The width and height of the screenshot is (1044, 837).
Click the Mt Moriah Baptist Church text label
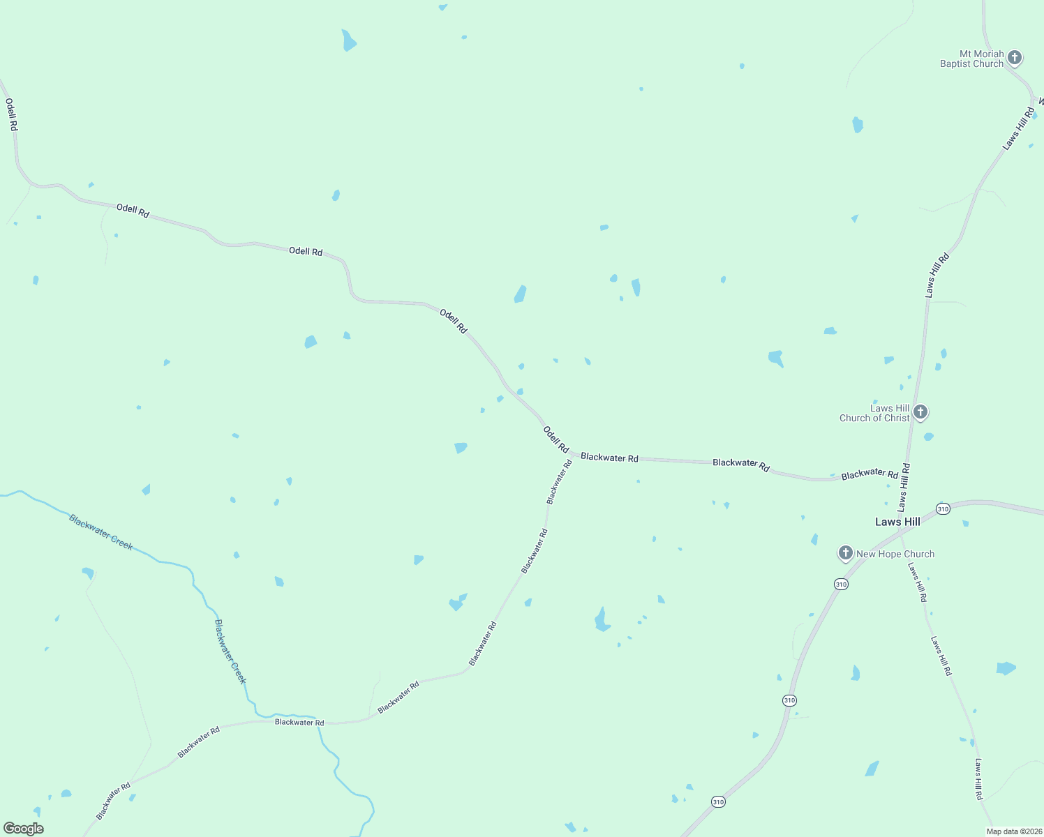[x=971, y=59]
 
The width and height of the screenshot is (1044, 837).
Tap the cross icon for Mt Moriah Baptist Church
[x=1015, y=57]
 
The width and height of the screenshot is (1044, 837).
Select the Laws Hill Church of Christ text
[x=875, y=413]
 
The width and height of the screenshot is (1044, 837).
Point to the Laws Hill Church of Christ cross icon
[x=920, y=412]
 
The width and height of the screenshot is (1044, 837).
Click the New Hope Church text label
[x=895, y=554]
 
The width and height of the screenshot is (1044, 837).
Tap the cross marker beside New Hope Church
[x=845, y=553]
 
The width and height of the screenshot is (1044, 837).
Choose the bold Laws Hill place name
[x=897, y=522]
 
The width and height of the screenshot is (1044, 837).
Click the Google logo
[x=23, y=829]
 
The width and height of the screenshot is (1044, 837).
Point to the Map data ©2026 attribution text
[x=1013, y=831]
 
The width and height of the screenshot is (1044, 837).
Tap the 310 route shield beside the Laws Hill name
[x=943, y=508]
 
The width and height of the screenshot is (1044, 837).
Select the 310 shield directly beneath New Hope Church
[x=841, y=584]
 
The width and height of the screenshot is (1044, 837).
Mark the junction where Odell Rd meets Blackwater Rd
[x=574, y=455]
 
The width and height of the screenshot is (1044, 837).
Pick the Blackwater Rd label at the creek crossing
[x=299, y=722]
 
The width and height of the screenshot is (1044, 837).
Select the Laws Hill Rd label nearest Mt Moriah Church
[x=1019, y=128]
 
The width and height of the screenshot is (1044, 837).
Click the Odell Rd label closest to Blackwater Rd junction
[x=555, y=439]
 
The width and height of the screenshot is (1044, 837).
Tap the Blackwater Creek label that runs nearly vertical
[x=230, y=651]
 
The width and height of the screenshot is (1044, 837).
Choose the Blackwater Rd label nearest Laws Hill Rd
[x=870, y=474]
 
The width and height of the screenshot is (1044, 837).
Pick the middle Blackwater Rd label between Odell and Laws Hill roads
[x=740, y=465]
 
